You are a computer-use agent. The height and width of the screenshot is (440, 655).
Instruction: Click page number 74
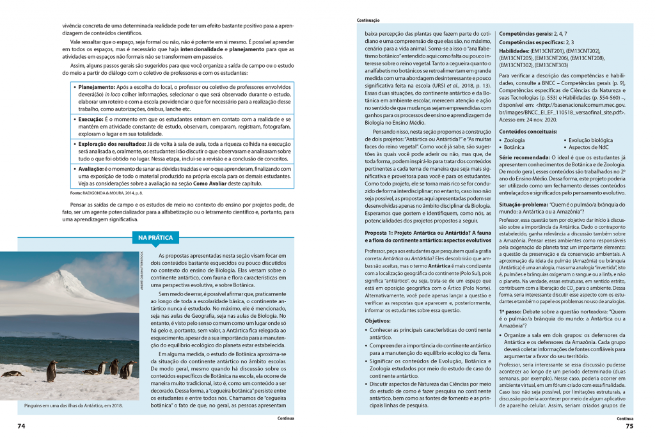pos(21,426)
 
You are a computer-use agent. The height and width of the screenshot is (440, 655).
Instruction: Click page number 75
pos(629,426)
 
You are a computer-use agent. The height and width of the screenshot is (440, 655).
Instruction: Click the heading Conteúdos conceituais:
pos(528,131)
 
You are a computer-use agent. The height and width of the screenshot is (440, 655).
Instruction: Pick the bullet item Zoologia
pos(514,140)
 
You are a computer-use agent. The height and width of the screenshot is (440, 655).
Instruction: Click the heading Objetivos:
pos(377,320)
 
